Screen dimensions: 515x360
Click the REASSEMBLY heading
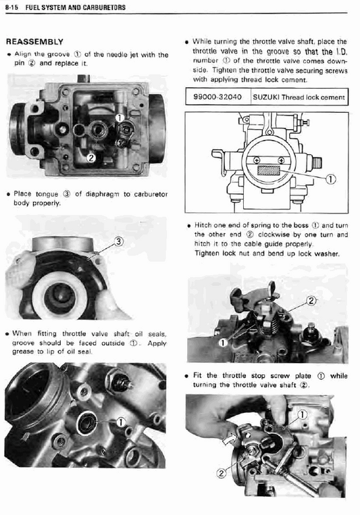(x=34, y=42)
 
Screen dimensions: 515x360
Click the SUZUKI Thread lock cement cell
(x=298, y=97)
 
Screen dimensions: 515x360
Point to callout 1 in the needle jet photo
(x=119, y=118)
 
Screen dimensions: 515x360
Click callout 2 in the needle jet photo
(x=91, y=158)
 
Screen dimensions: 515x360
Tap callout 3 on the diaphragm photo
(x=118, y=241)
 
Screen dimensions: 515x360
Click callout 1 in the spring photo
(x=223, y=343)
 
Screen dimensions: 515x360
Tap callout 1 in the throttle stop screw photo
(x=302, y=414)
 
